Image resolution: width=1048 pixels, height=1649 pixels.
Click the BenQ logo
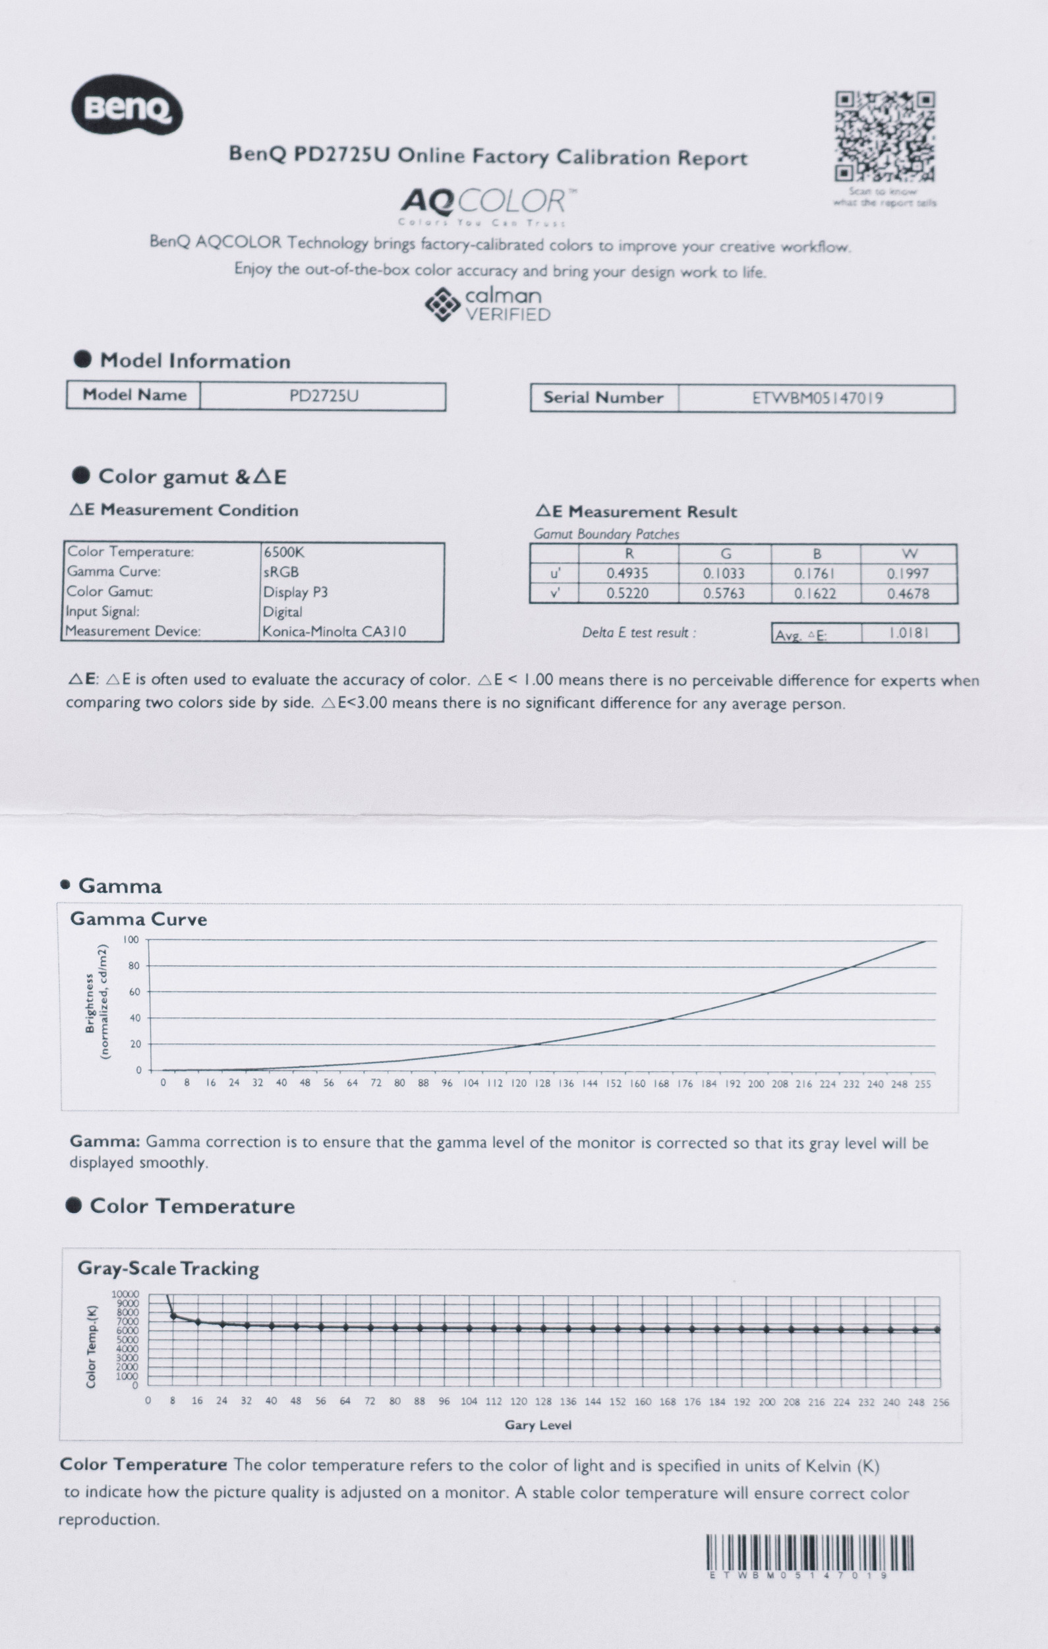[x=127, y=106]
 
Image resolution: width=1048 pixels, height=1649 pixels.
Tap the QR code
[x=885, y=137]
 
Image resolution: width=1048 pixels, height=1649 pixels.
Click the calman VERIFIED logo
[x=487, y=305]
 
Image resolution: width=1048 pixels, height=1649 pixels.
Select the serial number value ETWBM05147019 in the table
[x=817, y=398]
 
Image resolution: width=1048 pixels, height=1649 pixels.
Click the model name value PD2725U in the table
[x=323, y=396]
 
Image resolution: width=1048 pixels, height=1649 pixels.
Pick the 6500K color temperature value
[x=283, y=552]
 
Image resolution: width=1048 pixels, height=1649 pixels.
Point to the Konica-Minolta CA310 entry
[x=334, y=631]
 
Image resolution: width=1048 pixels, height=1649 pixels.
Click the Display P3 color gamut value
[x=295, y=592]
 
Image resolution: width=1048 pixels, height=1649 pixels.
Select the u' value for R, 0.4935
[x=627, y=573]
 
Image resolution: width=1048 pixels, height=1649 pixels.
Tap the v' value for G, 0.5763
[x=724, y=593]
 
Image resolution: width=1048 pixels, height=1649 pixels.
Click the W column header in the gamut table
[x=909, y=553]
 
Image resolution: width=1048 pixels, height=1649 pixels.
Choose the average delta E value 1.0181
[x=908, y=633]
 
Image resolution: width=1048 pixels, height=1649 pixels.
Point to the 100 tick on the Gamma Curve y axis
[x=131, y=939]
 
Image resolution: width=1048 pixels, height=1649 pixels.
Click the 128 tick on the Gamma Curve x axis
[x=543, y=1083]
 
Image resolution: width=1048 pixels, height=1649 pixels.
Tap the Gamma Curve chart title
[x=138, y=919]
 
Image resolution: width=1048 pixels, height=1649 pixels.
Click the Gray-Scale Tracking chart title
[x=168, y=1268]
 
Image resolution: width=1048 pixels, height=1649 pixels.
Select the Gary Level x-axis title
[x=538, y=1425]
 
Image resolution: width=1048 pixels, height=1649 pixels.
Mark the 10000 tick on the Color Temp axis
[x=125, y=1293]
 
